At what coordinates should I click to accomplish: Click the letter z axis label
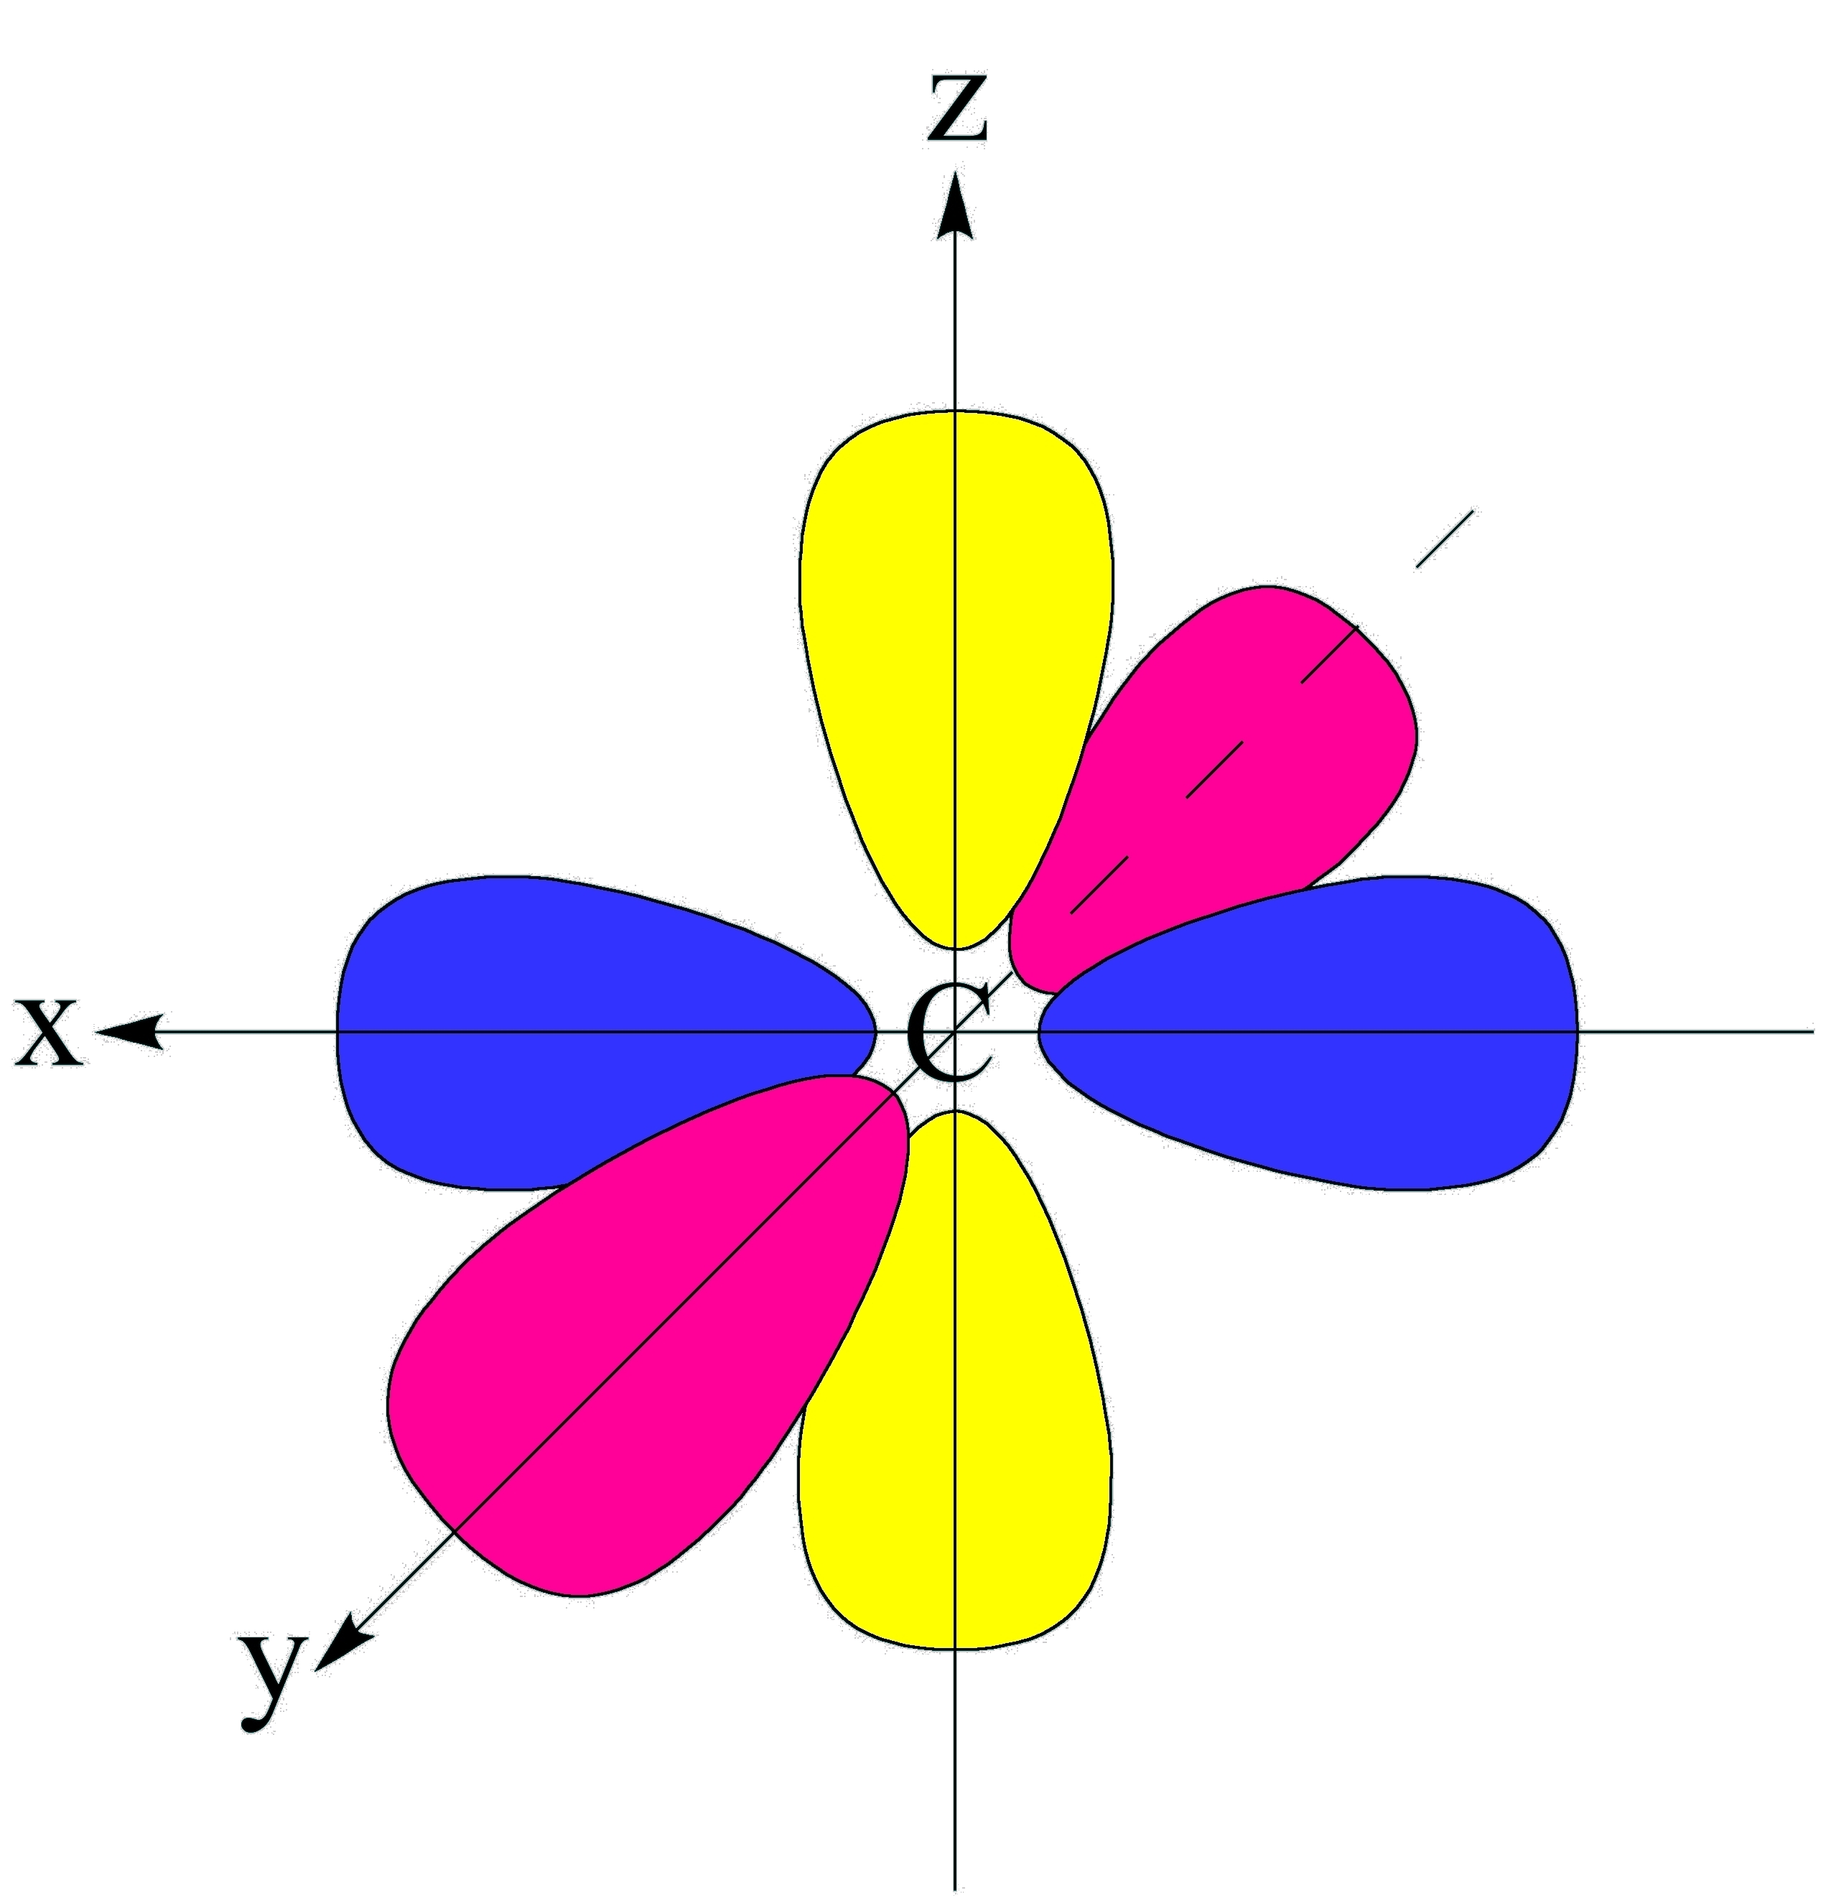(x=957, y=108)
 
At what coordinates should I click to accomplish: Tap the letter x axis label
(x=49, y=1031)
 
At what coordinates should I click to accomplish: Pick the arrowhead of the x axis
(x=131, y=1031)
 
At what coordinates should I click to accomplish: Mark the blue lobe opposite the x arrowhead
(x=1359, y=1031)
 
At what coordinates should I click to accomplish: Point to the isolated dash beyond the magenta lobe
(x=1445, y=539)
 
